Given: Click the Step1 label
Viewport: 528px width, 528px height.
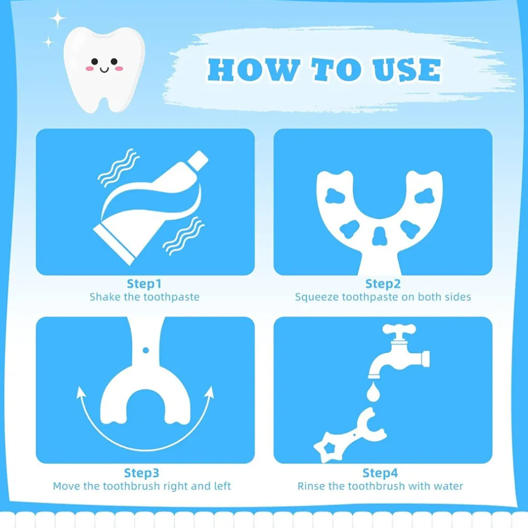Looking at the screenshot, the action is (x=144, y=283).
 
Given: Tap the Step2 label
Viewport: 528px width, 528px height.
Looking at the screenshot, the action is (x=383, y=283).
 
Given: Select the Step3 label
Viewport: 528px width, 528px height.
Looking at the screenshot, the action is (x=142, y=473).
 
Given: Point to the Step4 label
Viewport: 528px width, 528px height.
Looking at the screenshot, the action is (x=380, y=473).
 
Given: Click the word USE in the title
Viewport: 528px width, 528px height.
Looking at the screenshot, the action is (x=406, y=70).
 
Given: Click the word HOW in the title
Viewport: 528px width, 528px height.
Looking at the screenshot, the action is (x=254, y=70).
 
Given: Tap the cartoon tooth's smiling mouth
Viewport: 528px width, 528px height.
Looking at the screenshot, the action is (x=105, y=70).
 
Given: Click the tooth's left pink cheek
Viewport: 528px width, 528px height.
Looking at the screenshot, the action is (x=89, y=68).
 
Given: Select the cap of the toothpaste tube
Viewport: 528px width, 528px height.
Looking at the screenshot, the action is (x=198, y=160).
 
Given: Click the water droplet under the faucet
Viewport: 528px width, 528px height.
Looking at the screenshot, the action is (x=373, y=392).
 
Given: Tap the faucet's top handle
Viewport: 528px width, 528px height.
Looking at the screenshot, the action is (x=399, y=329).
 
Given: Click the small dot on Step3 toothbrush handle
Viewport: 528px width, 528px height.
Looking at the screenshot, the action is (x=146, y=350).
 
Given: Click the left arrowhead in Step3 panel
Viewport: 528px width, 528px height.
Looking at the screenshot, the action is (x=80, y=392).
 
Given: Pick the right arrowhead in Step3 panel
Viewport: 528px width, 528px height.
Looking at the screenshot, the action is (x=211, y=392).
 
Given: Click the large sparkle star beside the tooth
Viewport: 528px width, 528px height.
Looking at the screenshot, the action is (x=58, y=18).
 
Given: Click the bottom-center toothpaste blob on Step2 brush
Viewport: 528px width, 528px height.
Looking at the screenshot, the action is (x=380, y=236).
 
